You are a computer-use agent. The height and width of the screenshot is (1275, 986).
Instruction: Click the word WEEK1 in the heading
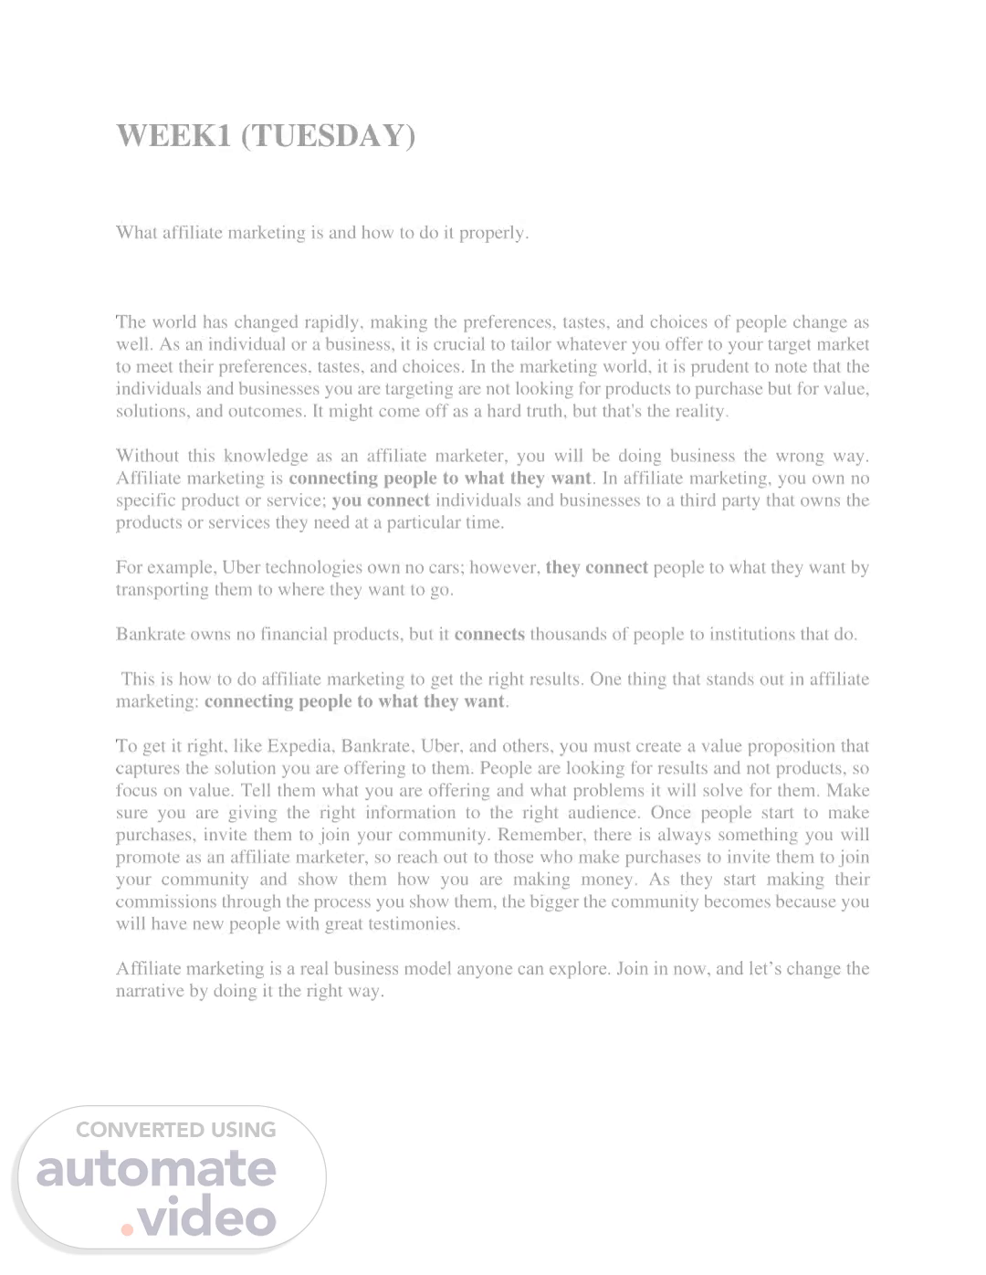[173, 135]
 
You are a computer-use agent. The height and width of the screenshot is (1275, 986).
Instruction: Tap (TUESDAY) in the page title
[328, 135]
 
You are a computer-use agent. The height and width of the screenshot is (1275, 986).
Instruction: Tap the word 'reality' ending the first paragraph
[699, 411]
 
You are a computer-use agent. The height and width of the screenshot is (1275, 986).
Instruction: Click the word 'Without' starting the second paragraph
[147, 456]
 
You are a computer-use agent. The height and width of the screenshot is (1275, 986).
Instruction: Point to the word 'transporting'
[163, 589]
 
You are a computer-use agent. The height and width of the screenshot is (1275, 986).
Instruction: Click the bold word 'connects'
[489, 634]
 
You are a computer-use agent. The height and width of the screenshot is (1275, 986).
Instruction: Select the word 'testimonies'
[416, 923]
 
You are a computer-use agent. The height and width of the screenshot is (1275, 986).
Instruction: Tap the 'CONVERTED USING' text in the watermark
[175, 1130]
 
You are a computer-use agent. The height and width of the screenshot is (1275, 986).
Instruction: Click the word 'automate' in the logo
[156, 1170]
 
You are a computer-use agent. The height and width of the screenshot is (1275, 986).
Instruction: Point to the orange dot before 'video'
[127, 1229]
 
